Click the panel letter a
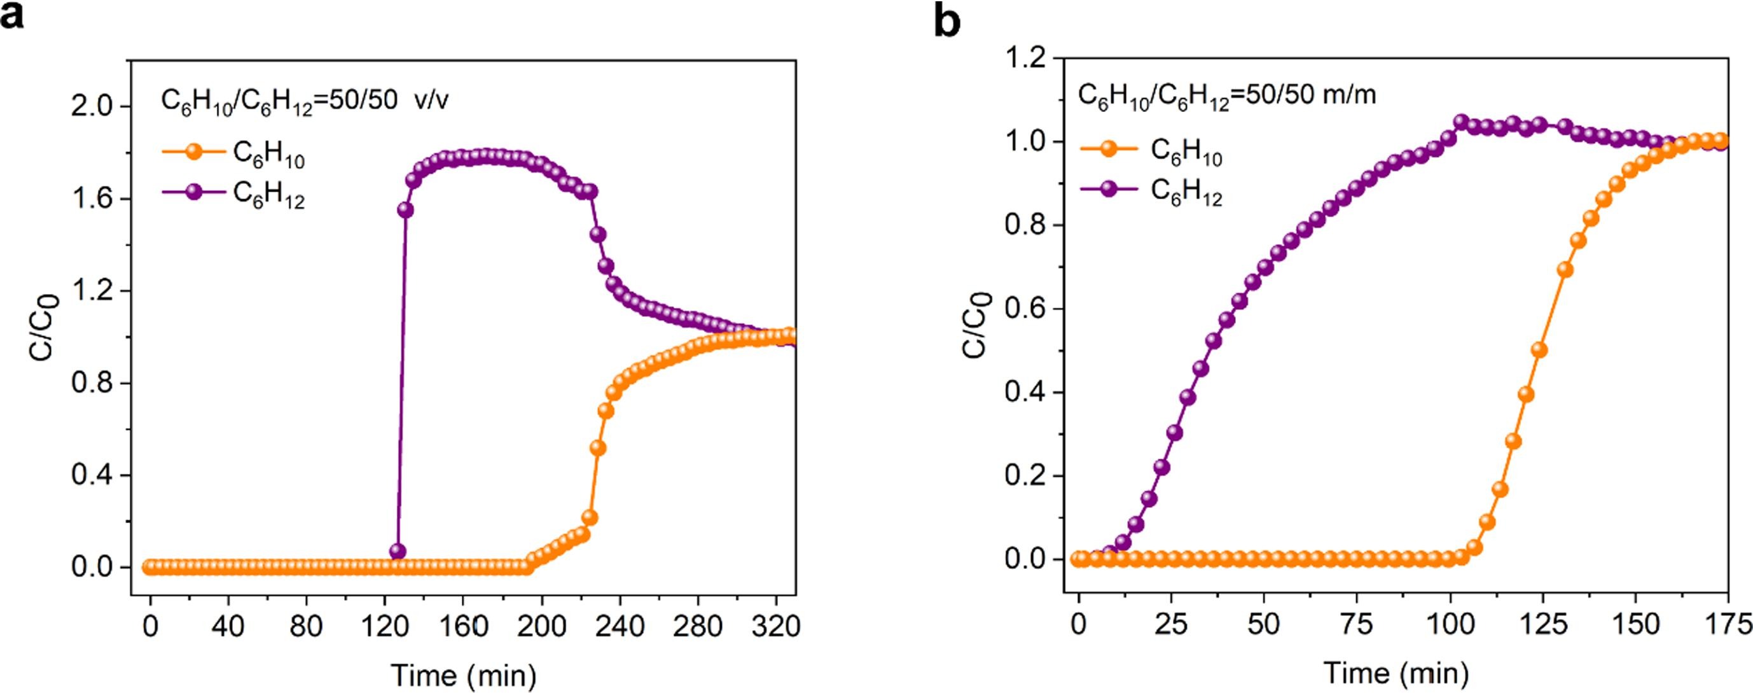[x=12, y=15]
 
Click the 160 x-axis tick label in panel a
[x=463, y=626]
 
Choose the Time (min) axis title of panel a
[x=464, y=675]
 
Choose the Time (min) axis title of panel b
[x=1396, y=673]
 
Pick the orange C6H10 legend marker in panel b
[x=1109, y=148]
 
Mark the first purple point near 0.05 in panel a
[x=398, y=550]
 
